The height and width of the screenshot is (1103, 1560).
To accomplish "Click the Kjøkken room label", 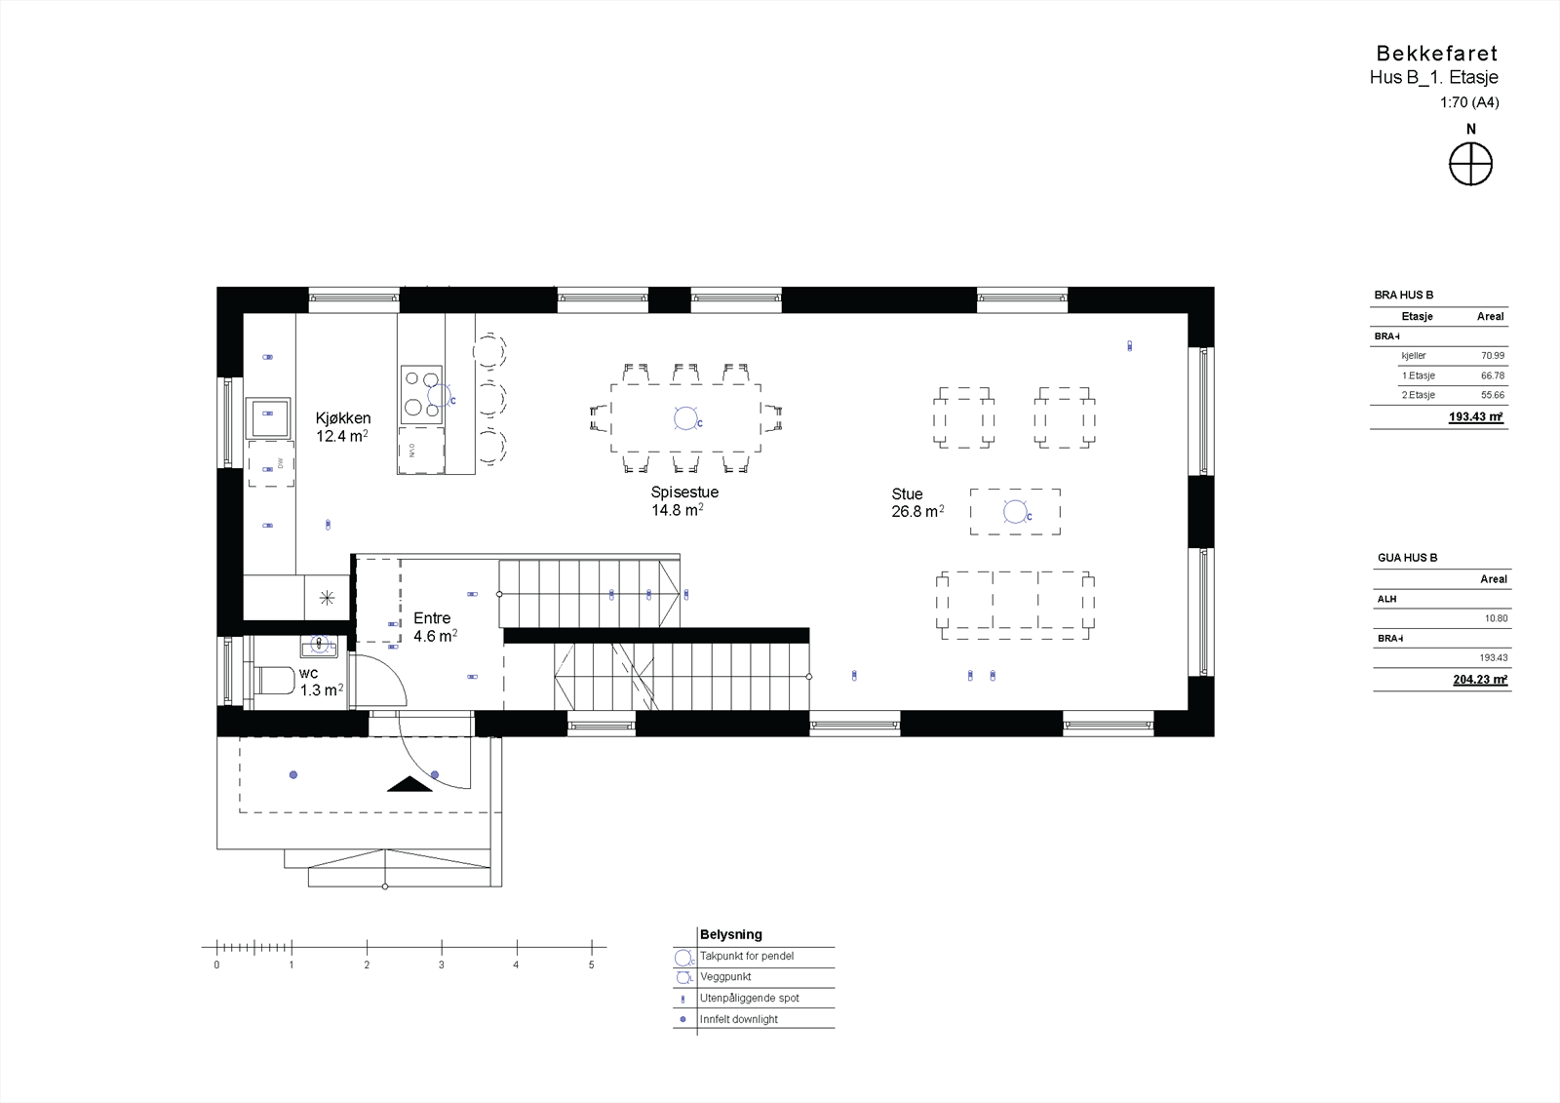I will pos(342,418).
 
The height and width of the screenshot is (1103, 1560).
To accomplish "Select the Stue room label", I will pos(907,494).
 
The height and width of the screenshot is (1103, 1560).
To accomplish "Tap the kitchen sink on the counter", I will pos(267,418).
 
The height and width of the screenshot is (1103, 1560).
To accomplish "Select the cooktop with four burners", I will pos(421,394).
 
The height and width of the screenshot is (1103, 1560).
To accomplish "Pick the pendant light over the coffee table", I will pos(1015,511).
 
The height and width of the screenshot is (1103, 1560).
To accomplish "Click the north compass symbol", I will pos(1470,163).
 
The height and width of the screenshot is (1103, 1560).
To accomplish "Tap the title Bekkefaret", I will pos(1436,54).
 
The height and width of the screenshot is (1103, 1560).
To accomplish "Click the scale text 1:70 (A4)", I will pos(1469,102).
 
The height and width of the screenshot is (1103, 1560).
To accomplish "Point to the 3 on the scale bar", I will pos(442,965).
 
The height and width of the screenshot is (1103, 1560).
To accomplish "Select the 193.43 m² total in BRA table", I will pos(1475,417).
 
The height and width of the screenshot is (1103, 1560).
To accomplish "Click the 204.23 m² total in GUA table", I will pos(1479,680).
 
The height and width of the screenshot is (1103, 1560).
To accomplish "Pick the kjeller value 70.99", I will pos(1493,356).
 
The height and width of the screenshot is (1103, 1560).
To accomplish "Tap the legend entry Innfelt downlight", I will pos(738,1019).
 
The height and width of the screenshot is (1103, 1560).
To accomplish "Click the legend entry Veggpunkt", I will pos(725,976).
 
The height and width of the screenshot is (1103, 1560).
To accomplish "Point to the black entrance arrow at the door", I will pos(409,784).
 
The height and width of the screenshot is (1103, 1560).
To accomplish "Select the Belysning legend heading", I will pos(730,934).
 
